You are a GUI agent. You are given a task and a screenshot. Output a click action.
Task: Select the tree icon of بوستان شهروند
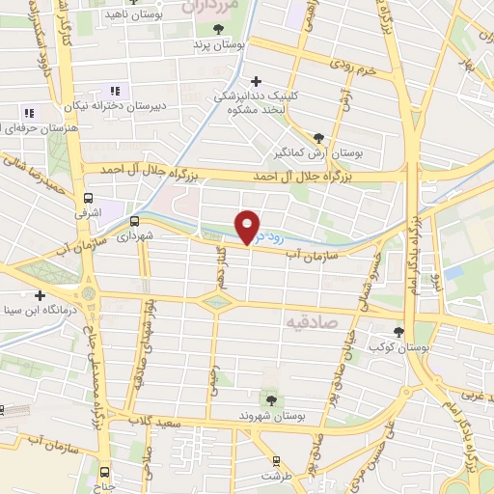tap(269, 398)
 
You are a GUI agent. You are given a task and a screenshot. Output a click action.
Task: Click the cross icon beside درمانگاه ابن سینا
tap(40, 295)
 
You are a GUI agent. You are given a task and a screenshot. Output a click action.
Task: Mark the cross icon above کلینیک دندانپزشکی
tap(255, 81)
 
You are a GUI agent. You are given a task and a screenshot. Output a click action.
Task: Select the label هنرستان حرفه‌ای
tap(29, 128)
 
